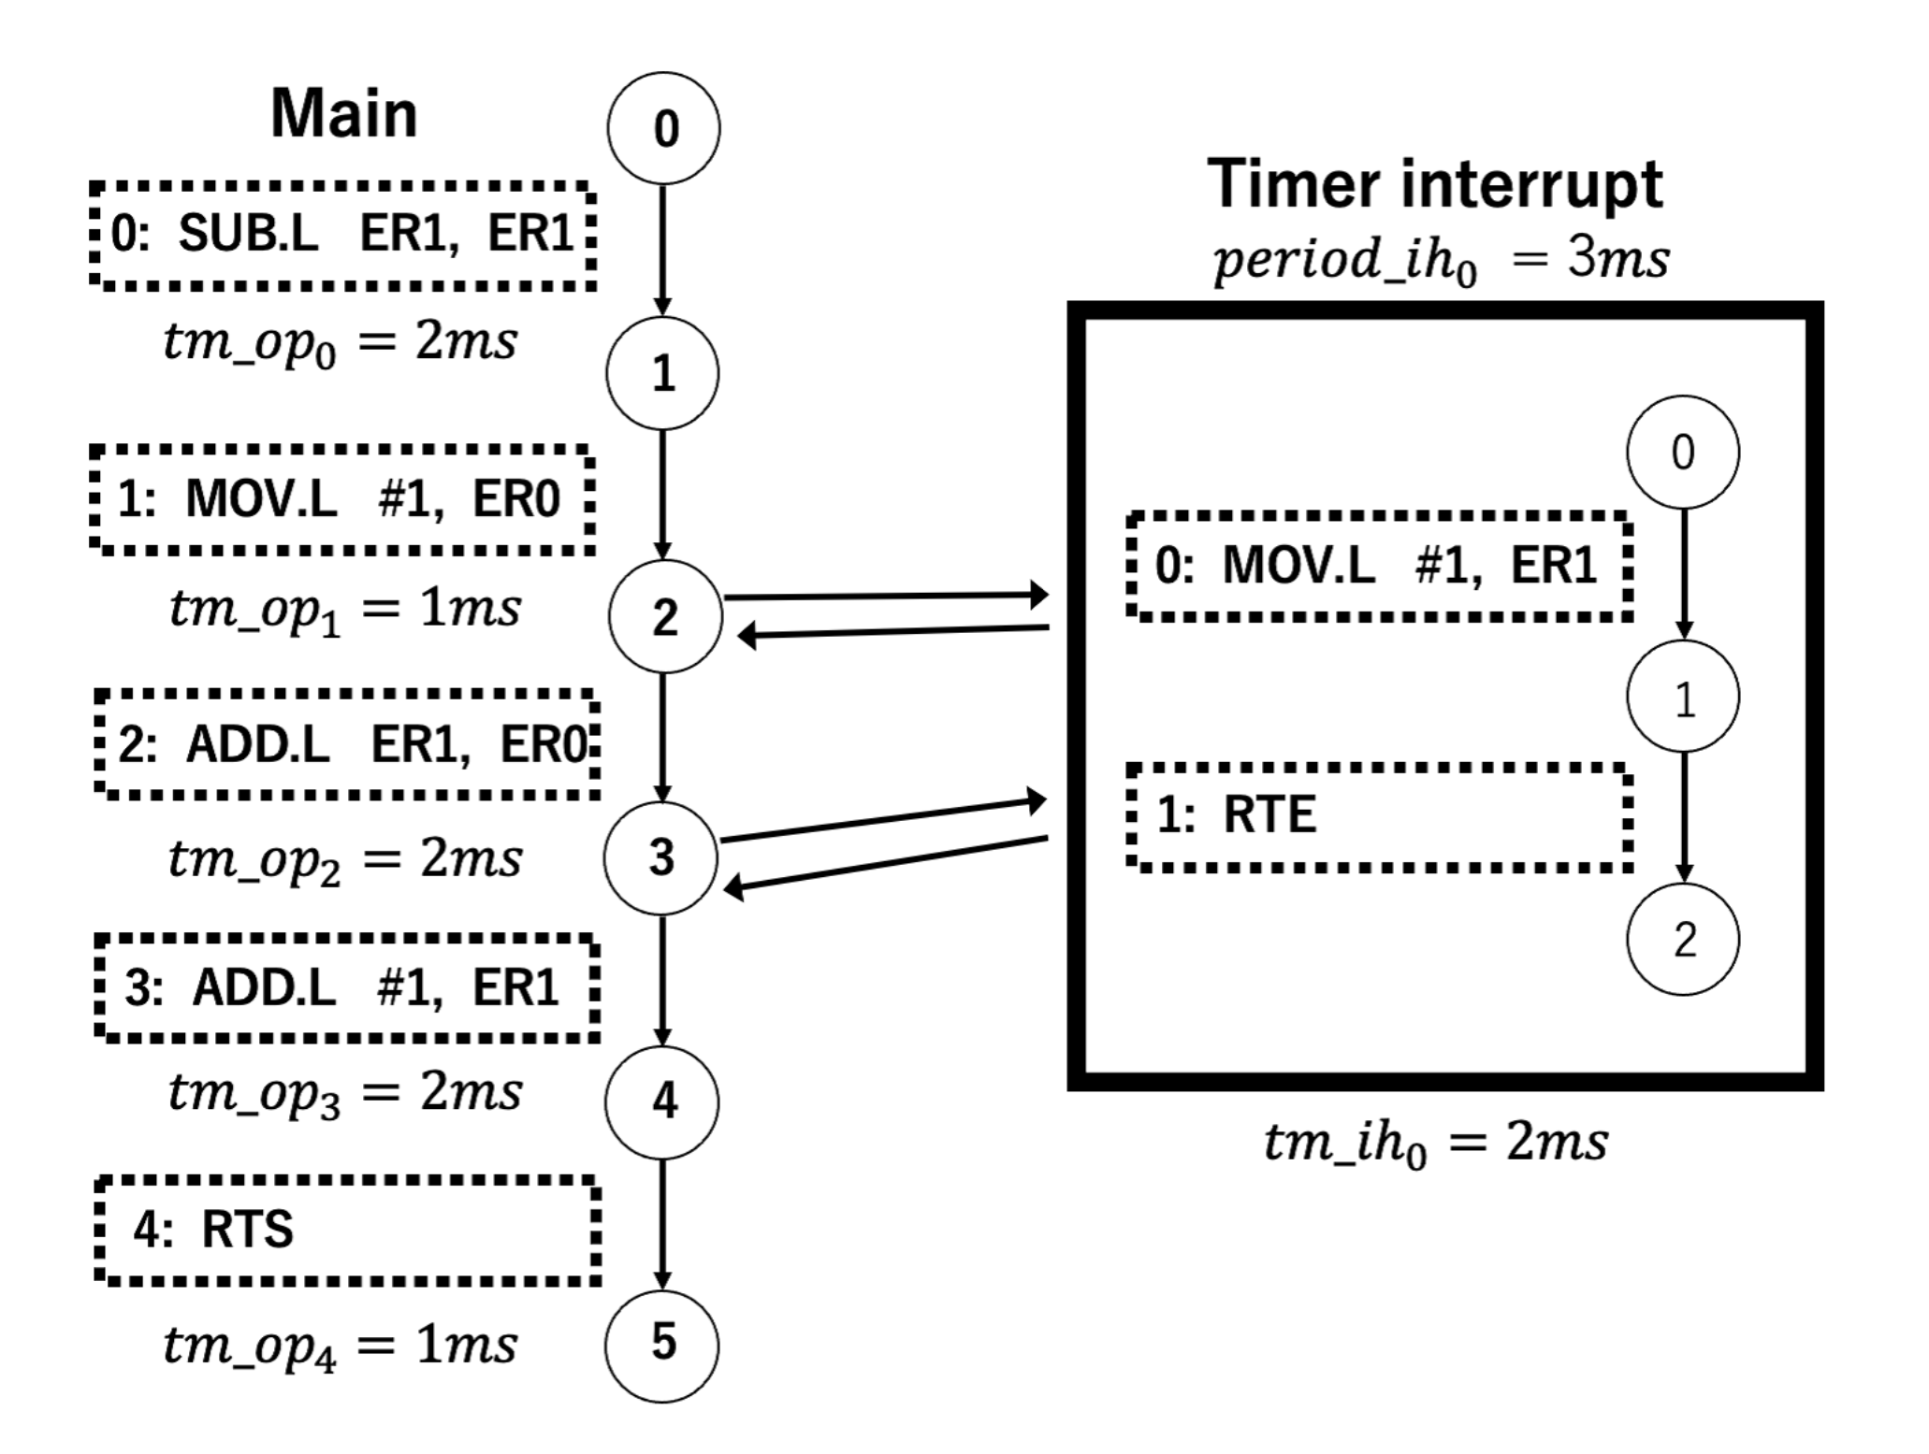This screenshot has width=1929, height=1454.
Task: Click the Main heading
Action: [x=343, y=114]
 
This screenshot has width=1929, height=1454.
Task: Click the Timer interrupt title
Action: [x=1434, y=184]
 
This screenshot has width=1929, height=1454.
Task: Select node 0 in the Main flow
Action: [x=663, y=128]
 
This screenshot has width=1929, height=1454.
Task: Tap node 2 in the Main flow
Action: [x=664, y=616]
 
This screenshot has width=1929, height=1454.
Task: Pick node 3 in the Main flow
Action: [x=660, y=857]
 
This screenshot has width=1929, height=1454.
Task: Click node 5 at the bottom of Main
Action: [x=662, y=1345]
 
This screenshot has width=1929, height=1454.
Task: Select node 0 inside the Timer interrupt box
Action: [x=1682, y=452]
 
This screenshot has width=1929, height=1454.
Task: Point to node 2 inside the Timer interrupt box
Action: [x=1682, y=939]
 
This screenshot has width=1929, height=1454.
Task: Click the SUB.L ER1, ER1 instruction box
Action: [x=342, y=234]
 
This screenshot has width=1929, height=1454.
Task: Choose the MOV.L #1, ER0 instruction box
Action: [x=342, y=498]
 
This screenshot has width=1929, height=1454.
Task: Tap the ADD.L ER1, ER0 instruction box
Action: [x=346, y=744]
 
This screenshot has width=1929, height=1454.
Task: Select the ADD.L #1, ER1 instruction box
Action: [x=346, y=987]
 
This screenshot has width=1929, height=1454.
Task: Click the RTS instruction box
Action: [x=346, y=1230]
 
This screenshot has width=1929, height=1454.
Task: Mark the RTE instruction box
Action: [x=1380, y=815]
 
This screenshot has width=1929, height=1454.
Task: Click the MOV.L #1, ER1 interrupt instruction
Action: [x=1380, y=565]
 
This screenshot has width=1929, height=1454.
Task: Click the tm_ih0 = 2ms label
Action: [x=1436, y=1143]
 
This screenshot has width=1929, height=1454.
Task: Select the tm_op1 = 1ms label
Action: [x=344, y=610]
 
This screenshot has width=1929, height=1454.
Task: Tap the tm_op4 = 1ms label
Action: [x=341, y=1347]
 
